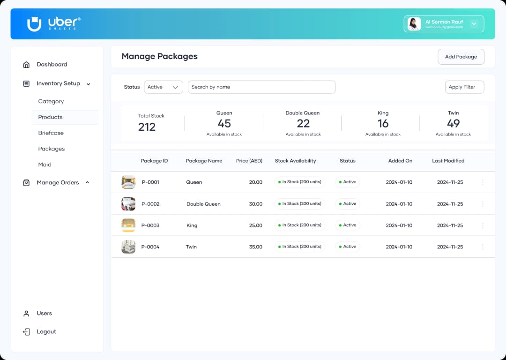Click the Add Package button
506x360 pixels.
tap(461, 57)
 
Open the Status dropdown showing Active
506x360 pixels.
tap(163, 87)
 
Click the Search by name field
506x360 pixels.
tap(261, 87)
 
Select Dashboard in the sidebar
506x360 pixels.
tap(52, 65)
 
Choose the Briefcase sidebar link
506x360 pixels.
tap(51, 133)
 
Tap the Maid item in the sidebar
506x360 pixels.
tap(45, 165)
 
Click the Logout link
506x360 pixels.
tap(46, 332)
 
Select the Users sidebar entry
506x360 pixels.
tap(44, 314)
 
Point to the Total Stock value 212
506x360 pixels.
tap(147, 127)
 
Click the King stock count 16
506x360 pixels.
tap(383, 123)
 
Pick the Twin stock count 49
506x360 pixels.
tap(453, 123)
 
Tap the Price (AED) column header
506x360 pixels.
tap(249, 161)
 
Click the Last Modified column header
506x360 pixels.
tap(448, 161)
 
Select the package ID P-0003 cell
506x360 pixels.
tap(150, 225)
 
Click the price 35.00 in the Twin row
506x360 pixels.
tap(255, 247)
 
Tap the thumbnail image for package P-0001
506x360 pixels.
tap(128, 182)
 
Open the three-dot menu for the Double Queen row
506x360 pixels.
tap(483, 204)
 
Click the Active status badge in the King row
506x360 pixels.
tap(347, 225)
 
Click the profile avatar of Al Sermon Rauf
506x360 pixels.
tap(414, 24)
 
